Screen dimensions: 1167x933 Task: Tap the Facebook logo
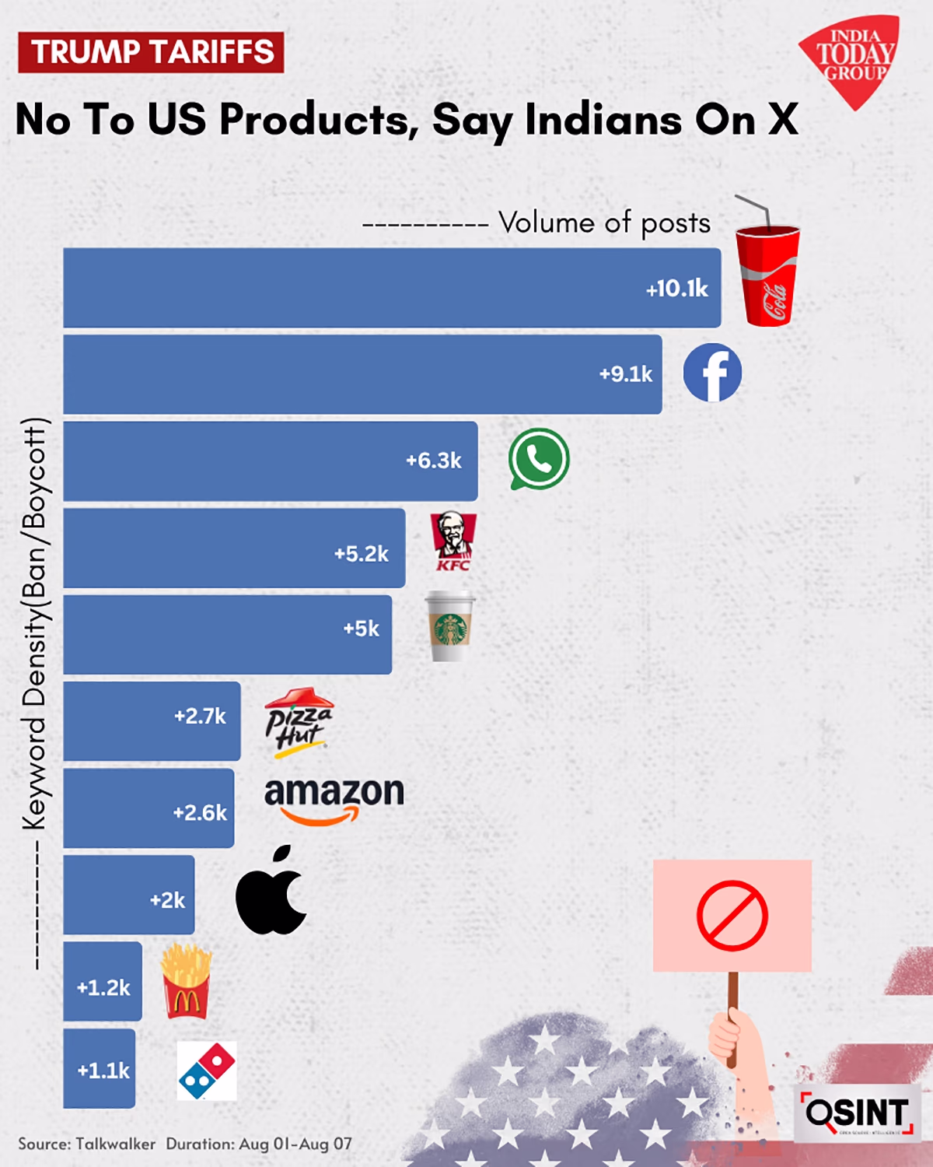point(712,373)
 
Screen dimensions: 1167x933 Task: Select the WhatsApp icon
point(539,459)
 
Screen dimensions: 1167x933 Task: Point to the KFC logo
point(453,541)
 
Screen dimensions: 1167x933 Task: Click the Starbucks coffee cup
point(450,627)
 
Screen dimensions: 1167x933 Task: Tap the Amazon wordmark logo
point(334,800)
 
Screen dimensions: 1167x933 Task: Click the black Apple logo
point(271,892)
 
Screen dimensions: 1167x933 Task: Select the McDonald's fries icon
point(186,982)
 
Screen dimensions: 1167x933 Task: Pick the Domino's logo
point(207,1071)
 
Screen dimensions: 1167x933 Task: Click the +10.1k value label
point(676,289)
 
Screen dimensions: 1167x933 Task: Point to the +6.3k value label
point(433,461)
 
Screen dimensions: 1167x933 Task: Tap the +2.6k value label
point(200,813)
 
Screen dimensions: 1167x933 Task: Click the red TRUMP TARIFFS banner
point(152,52)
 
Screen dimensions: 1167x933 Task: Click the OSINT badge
point(858,1113)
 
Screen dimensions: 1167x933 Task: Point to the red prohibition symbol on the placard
point(732,916)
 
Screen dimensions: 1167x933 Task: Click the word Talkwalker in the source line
point(116,1144)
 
